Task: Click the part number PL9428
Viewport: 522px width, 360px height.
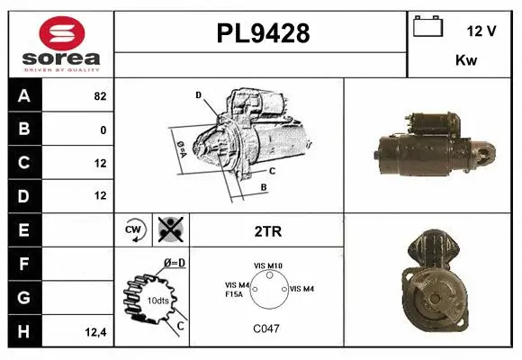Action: [x=263, y=34]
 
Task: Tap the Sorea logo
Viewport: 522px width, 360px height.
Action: [x=60, y=45]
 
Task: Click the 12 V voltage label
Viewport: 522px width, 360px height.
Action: [x=481, y=31]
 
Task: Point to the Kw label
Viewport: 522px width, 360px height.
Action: [x=465, y=60]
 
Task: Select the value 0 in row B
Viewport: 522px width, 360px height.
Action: [x=103, y=130]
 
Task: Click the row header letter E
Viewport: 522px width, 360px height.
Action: [x=24, y=230]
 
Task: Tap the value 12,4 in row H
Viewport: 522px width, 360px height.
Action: [x=96, y=331]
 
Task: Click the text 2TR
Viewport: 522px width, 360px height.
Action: [x=268, y=231]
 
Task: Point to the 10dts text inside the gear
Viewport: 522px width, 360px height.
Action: [x=157, y=300]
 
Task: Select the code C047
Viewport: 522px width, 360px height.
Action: [x=266, y=328]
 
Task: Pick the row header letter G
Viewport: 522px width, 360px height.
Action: [x=24, y=297]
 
